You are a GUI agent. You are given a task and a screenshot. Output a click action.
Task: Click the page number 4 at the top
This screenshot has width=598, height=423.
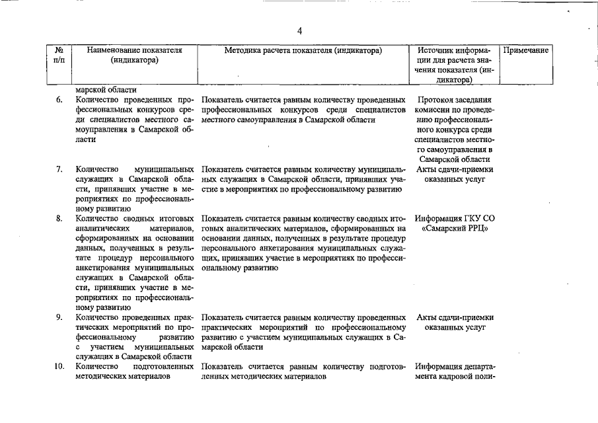pos(299,30)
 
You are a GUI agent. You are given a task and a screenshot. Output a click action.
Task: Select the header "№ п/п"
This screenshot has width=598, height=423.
pos(59,55)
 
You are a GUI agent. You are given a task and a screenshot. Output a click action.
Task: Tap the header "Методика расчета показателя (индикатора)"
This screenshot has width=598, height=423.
pos(303,50)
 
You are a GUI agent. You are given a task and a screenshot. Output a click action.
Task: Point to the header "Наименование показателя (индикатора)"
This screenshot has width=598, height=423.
pos(134,55)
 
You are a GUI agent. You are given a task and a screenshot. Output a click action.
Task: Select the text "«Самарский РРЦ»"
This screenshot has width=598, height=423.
pos(455,229)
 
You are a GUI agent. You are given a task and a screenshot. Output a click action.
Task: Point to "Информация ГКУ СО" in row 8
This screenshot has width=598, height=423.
pos(455,219)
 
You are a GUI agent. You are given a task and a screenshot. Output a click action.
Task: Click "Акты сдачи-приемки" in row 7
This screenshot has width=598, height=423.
pos(455,169)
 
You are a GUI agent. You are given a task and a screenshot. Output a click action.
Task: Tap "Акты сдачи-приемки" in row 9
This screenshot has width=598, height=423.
pos(455,318)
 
